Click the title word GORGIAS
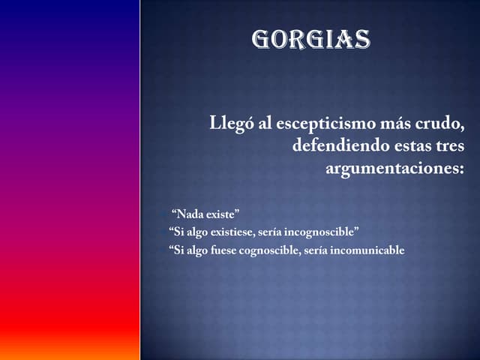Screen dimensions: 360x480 coord(311,39)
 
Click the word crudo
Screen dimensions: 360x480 coord(448,124)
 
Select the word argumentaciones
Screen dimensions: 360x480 coord(394,168)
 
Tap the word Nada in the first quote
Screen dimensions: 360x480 coord(190,214)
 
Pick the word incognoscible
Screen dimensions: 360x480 coord(320,232)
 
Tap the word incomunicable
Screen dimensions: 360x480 coord(367,250)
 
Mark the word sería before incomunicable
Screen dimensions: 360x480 coord(316,250)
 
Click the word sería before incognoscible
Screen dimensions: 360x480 coord(269,232)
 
